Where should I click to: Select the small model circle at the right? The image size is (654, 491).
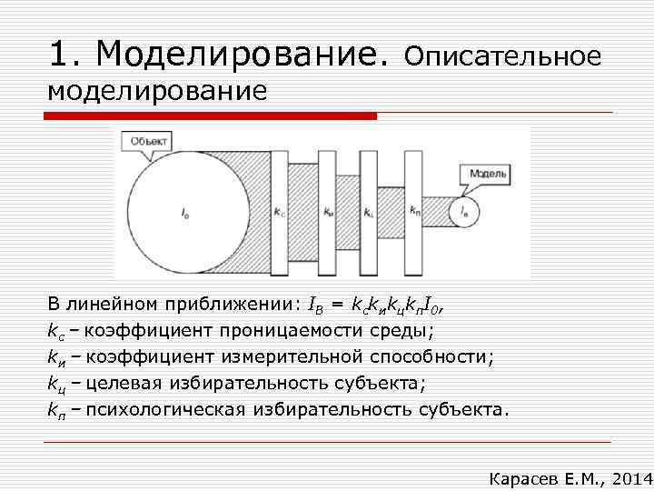pos(464,212)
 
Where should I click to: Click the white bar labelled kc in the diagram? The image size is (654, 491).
pos(279,212)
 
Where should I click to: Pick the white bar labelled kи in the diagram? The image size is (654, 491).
pos(327,212)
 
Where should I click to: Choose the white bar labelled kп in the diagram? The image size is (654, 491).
pos(414,212)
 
